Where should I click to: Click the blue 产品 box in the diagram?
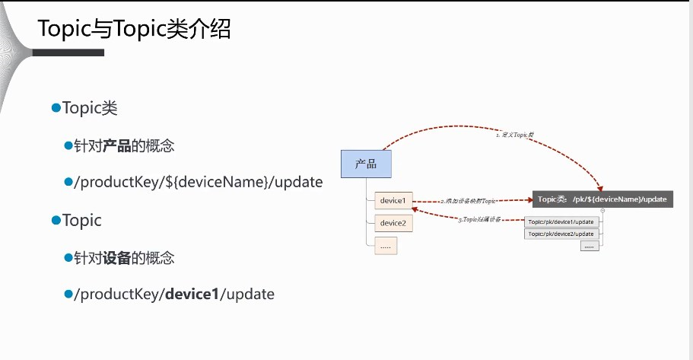[x=366, y=164]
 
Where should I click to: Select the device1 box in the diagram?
[x=393, y=201]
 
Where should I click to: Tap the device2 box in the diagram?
[x=393, y=223]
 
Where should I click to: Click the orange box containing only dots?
[x=386, y=245]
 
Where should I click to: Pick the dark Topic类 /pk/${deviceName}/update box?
[x=602, y=199]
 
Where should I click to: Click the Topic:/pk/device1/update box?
[x=561, y=222]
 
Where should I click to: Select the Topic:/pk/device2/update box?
[x=561, y=234]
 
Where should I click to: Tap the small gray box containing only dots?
[x=590, y=246]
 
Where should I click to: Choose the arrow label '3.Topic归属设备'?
[x=479, y=219]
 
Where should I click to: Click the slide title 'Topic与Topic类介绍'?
[x=134, y=29]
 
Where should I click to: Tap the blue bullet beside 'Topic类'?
[x=56, y=108]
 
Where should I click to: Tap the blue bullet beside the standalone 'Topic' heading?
[x=56, y=220]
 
